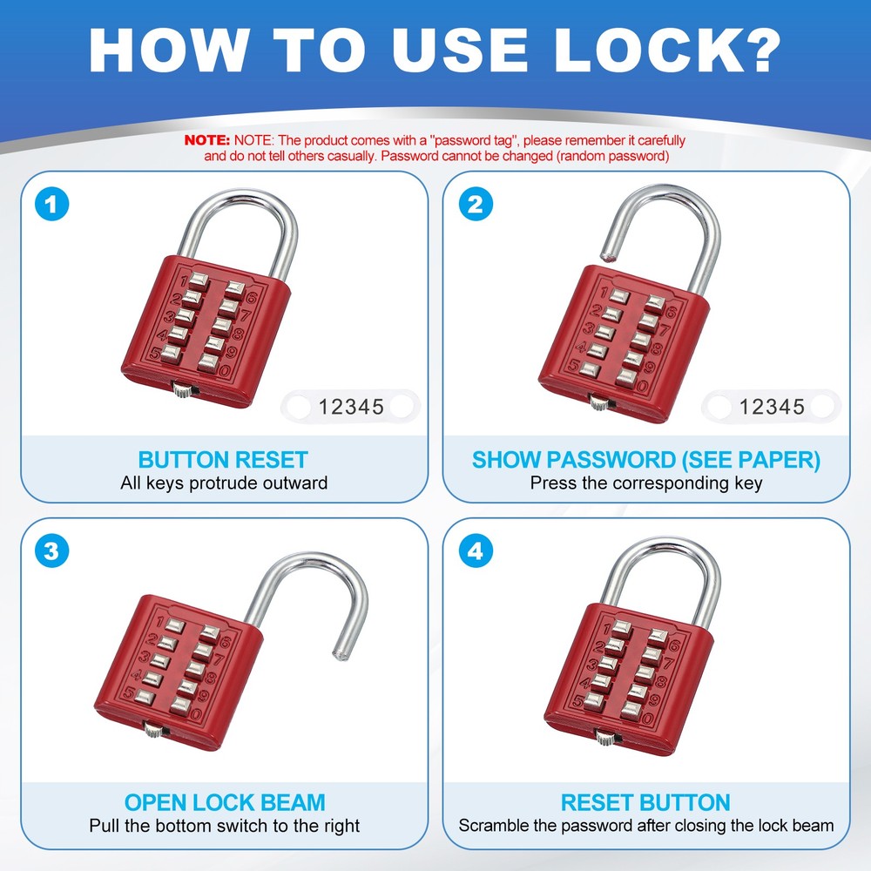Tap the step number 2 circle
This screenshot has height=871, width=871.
[476, 206]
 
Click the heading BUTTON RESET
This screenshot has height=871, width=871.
[223, 460]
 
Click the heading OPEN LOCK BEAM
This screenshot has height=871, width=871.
[225, 802]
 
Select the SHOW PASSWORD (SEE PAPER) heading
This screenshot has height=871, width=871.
[645, 460]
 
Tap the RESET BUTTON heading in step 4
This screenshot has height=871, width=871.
[645, 802]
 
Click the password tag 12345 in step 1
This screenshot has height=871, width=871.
[351, 406]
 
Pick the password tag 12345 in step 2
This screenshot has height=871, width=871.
[772, 406]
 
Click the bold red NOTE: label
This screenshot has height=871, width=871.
[207, 140]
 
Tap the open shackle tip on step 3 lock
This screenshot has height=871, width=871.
[339, 648]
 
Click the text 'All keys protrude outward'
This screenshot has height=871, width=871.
[224, 483]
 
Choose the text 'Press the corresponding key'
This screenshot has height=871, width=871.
[645, 483]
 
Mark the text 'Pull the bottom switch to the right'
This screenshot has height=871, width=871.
[224, 825]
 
